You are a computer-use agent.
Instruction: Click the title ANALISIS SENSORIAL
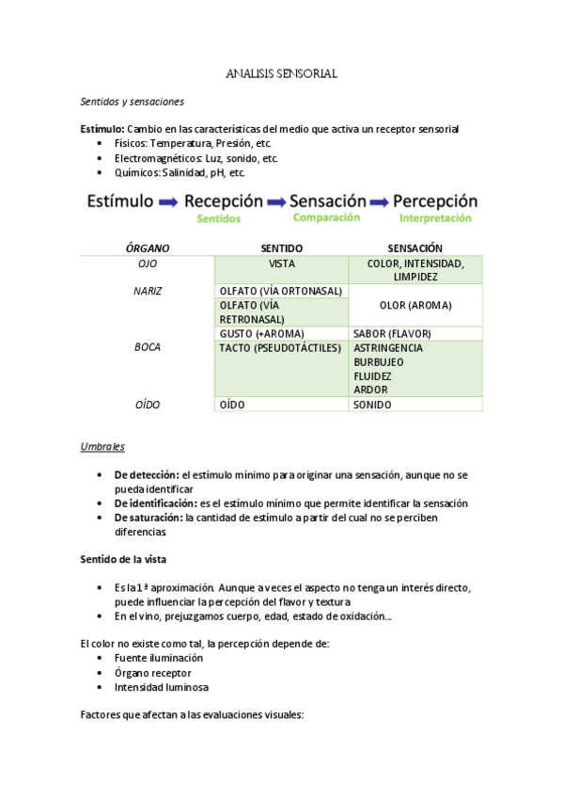pos(281,72)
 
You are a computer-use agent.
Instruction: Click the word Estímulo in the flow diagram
pos(120,201)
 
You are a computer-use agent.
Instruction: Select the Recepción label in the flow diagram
pos(224,201)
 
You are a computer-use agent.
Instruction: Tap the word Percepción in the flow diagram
pos(435,201)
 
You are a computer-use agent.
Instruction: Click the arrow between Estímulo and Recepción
pos(168,201)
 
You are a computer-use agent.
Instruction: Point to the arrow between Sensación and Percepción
pos(379,201)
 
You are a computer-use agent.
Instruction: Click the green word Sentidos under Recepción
pos(219,218)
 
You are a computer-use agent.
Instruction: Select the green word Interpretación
pos(435,217)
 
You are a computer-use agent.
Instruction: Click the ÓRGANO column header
pos(148,248)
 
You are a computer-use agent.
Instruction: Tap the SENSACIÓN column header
pos(414,248)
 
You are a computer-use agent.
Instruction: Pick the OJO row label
pos(148,264)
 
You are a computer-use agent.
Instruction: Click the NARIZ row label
pos(148,291)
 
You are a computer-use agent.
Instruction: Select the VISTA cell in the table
pos(281,264)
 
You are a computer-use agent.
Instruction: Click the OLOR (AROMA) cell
pos(414,305)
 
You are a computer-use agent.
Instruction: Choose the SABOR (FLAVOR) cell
pos(391,333)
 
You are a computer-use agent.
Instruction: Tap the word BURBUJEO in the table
pos(379,361)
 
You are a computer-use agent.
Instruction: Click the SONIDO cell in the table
pos(372,405)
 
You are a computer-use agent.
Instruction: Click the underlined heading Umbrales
pos(102,446)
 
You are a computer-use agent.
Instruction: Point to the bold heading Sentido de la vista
pos(123,559)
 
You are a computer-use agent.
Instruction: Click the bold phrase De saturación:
pos(149,518)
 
